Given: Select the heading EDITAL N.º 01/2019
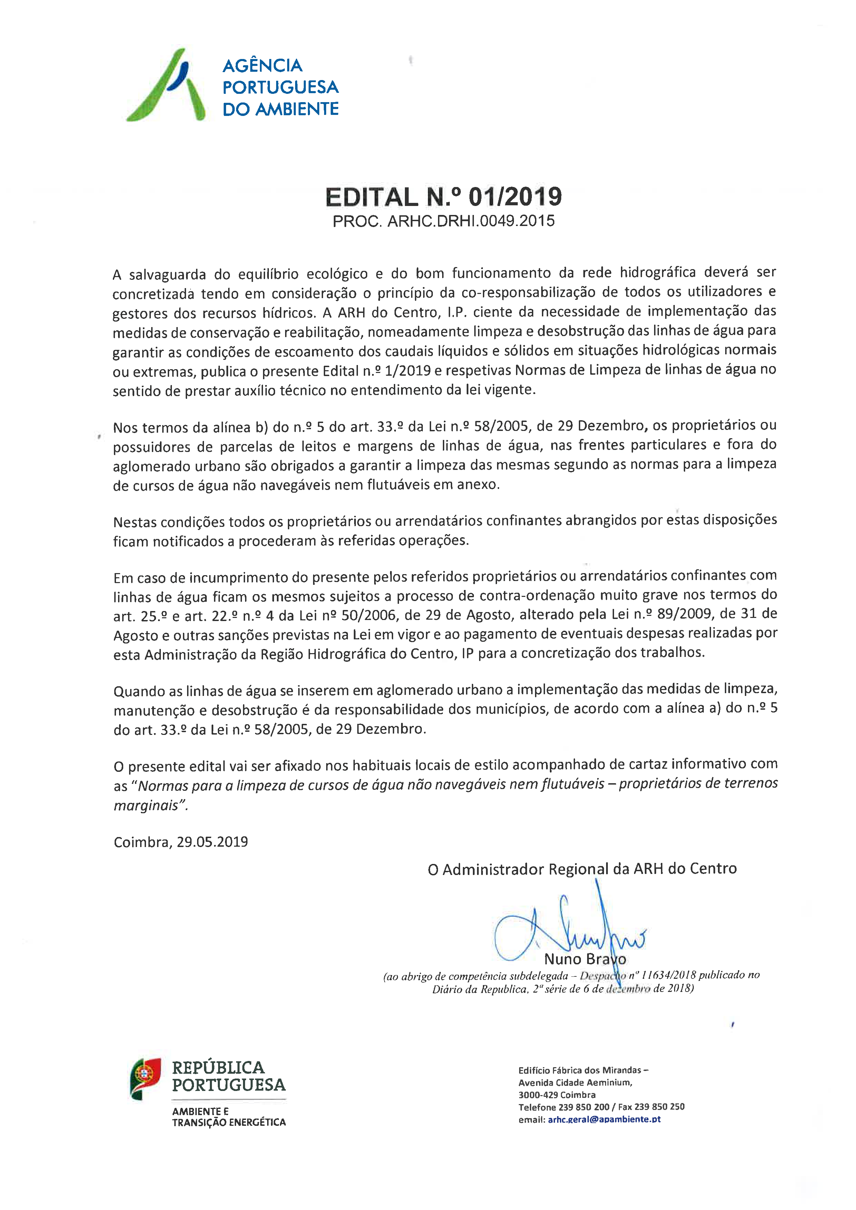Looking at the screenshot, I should [x=443, y=197].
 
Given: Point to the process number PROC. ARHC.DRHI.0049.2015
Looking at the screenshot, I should [x=443, y=221].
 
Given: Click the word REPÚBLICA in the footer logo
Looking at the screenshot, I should [x=218, y=1068].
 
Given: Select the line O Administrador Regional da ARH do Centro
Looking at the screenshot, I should [x=582, y=869].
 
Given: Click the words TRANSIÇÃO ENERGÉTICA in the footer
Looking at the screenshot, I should [x=229, y=1122].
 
